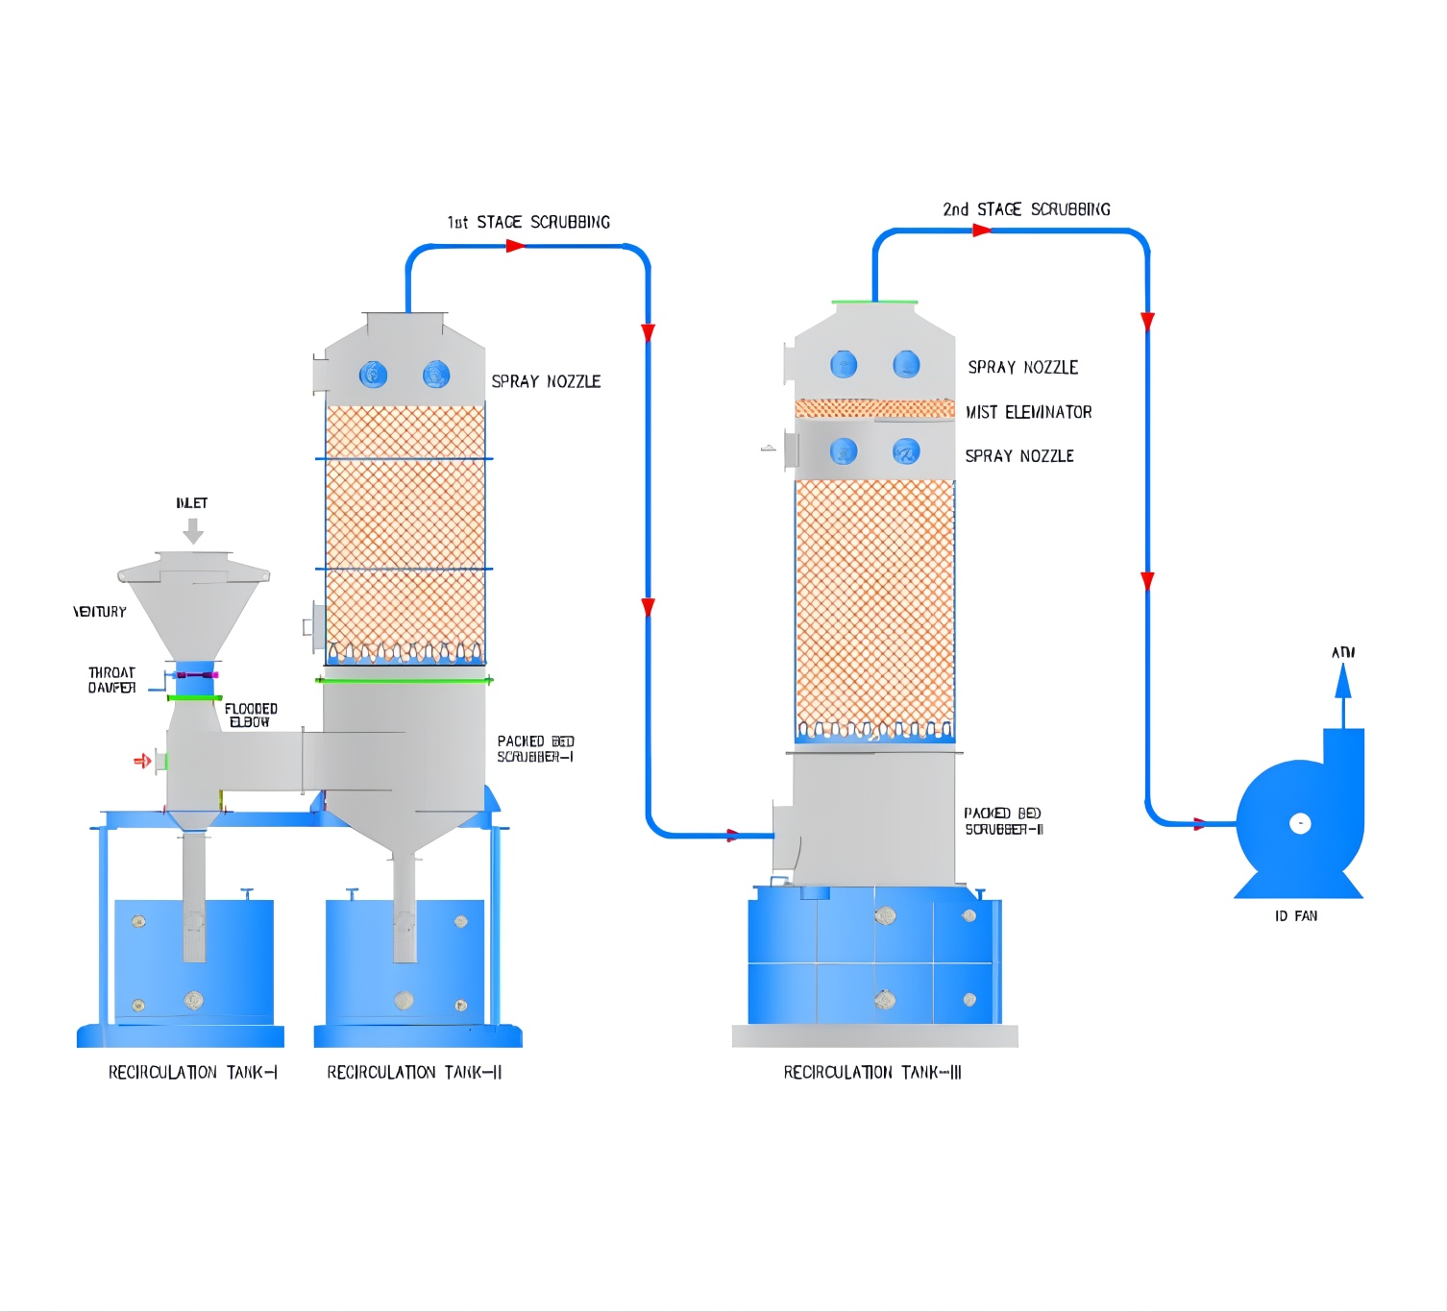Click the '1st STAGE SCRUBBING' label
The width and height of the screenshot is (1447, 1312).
[528, 223]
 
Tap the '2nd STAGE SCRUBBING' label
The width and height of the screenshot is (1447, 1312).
[1026, 209]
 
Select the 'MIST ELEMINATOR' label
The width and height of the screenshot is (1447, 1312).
[1029, 412]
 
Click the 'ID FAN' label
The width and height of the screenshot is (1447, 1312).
[1296, 916]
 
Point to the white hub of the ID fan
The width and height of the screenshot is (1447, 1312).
[1300, 823]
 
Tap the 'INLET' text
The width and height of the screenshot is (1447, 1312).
[192, 503]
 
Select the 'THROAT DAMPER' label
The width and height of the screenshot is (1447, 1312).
[111, 680]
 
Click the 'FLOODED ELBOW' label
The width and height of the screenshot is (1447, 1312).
[251, 716]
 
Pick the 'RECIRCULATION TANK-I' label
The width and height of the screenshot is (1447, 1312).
[192, 1072]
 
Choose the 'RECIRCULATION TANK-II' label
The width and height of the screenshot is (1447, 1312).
[414, 1072]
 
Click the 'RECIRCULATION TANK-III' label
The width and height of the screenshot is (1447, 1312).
[872, 1072]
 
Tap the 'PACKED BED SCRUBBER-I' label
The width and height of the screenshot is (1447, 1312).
[535, 749]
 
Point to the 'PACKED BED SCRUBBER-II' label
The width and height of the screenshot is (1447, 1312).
[1004, 821]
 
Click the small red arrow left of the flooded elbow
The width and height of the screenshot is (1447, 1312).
[142, 761]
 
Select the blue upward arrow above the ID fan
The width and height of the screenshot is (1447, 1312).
[1343, 684]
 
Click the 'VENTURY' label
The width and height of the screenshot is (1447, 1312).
[100, 612]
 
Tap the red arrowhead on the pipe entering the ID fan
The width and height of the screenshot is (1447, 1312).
[1199, 823]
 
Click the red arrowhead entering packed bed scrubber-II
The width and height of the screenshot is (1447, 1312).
[733, 836]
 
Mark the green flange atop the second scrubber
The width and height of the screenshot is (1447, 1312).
[874, 303]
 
